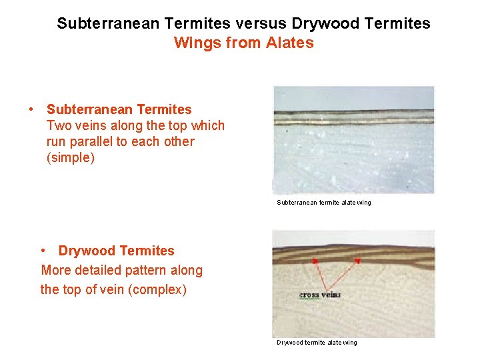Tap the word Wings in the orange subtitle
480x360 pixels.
(194, 43)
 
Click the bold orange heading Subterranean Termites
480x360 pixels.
(119, 109)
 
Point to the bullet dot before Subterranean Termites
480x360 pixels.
(31, 109)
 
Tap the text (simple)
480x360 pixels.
(71, 158)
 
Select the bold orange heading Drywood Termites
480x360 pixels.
(116, 251)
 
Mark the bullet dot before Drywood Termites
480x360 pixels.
(43, 251)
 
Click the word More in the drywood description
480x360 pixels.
(56, 270)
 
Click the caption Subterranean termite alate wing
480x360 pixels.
(324, 203)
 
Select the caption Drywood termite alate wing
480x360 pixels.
(317, 343)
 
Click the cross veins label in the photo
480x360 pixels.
(320, 295)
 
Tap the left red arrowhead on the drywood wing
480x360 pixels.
(314, 261)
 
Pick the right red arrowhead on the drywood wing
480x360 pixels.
(357, 261)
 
